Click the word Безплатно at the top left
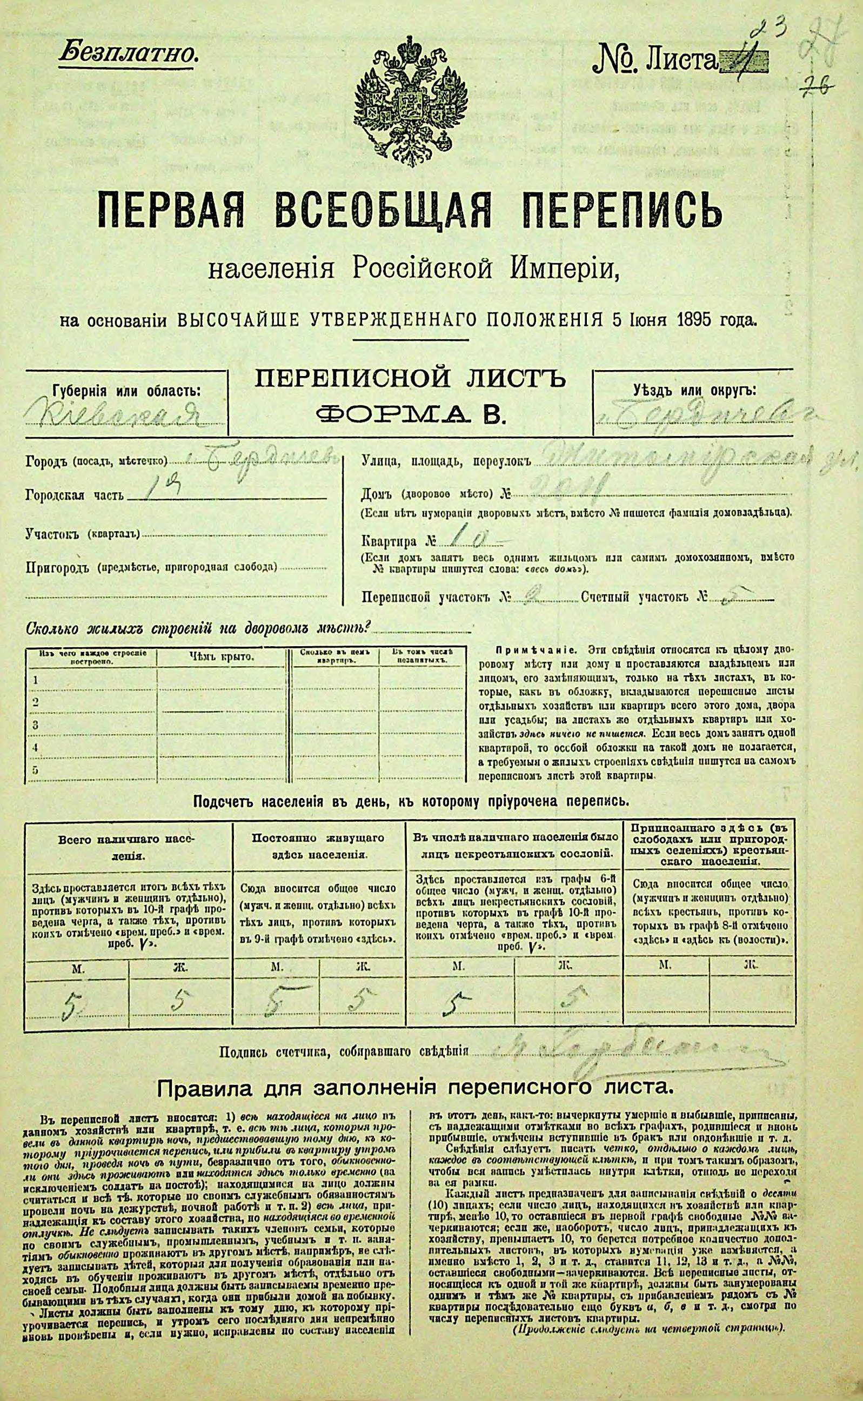click(x=128, y=52)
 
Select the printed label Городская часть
click(x=74, y=495)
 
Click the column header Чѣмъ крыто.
click(x=222, y=657)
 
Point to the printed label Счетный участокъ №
click(x=641, y=598)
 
